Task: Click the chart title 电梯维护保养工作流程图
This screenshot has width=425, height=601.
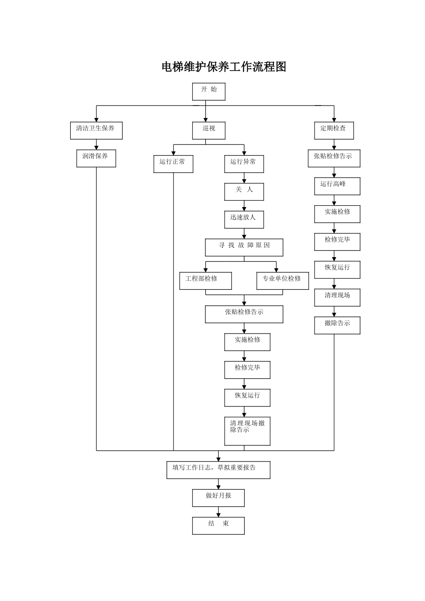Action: click(x=224, y=67)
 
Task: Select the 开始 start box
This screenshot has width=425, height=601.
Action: click(x=208, y=91)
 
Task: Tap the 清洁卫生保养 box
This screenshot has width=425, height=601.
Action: click(x=96, y=130)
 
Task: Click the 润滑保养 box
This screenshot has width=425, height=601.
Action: click(x=96, y=158)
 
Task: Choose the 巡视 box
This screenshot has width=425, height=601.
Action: click(x=208, y=130)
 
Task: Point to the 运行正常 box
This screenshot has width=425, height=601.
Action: click(x=173, y=164)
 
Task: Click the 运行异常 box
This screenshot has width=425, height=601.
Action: click(x=244, y=164)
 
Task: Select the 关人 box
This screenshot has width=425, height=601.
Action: click(x=244, y=191)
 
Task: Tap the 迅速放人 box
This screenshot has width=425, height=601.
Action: click(x=244, y=219)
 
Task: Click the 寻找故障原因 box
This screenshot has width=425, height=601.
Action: click(x=244, y=247)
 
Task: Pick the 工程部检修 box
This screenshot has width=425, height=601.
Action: click(x=205, y=280)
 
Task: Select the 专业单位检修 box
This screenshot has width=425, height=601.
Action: click(x=282, y=280)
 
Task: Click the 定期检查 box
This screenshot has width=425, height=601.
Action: click(x=334, y=130)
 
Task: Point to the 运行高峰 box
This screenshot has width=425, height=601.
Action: click(x=337, y=186)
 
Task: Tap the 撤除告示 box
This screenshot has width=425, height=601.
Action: click(x=337, y=325)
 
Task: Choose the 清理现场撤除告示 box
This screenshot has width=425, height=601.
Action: click(x=247, y=431)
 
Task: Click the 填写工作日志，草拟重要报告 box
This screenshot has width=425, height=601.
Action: click(x=218, y=470)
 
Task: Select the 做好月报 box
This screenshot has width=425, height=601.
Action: click(x=218, y=498)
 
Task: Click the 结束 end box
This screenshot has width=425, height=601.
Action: click(x=218, y=525)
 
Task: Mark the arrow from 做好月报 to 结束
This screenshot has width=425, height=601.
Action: click(x=219, y=512)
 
